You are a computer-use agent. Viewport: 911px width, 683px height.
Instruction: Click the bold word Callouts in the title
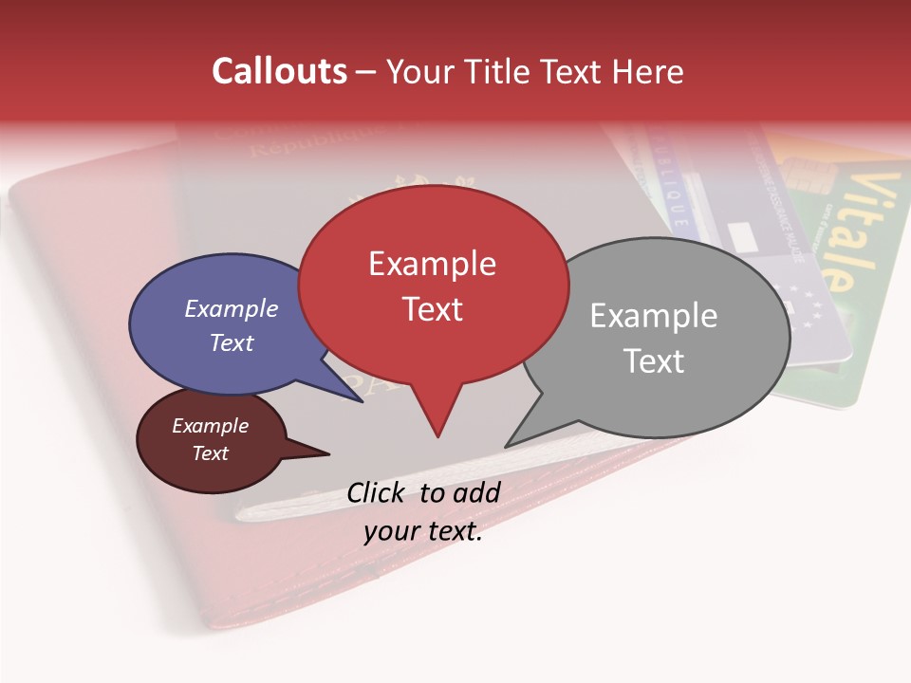tap(279, 71)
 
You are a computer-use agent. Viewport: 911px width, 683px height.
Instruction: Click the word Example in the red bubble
tap(432, 264)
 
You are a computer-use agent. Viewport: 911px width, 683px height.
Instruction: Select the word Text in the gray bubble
tap(654, 360)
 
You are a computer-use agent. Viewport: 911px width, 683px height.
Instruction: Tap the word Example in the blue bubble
tap(232, 308)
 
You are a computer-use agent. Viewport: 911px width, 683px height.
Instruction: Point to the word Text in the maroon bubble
tap(211, 453)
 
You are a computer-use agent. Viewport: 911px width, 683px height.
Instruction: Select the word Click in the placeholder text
tap(379, 492)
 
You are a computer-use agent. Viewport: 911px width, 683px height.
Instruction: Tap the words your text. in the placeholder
tap(423, 531)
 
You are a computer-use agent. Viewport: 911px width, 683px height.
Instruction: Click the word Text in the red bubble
tap(432, 309)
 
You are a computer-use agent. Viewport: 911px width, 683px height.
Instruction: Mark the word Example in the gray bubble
tap(654, 315)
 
